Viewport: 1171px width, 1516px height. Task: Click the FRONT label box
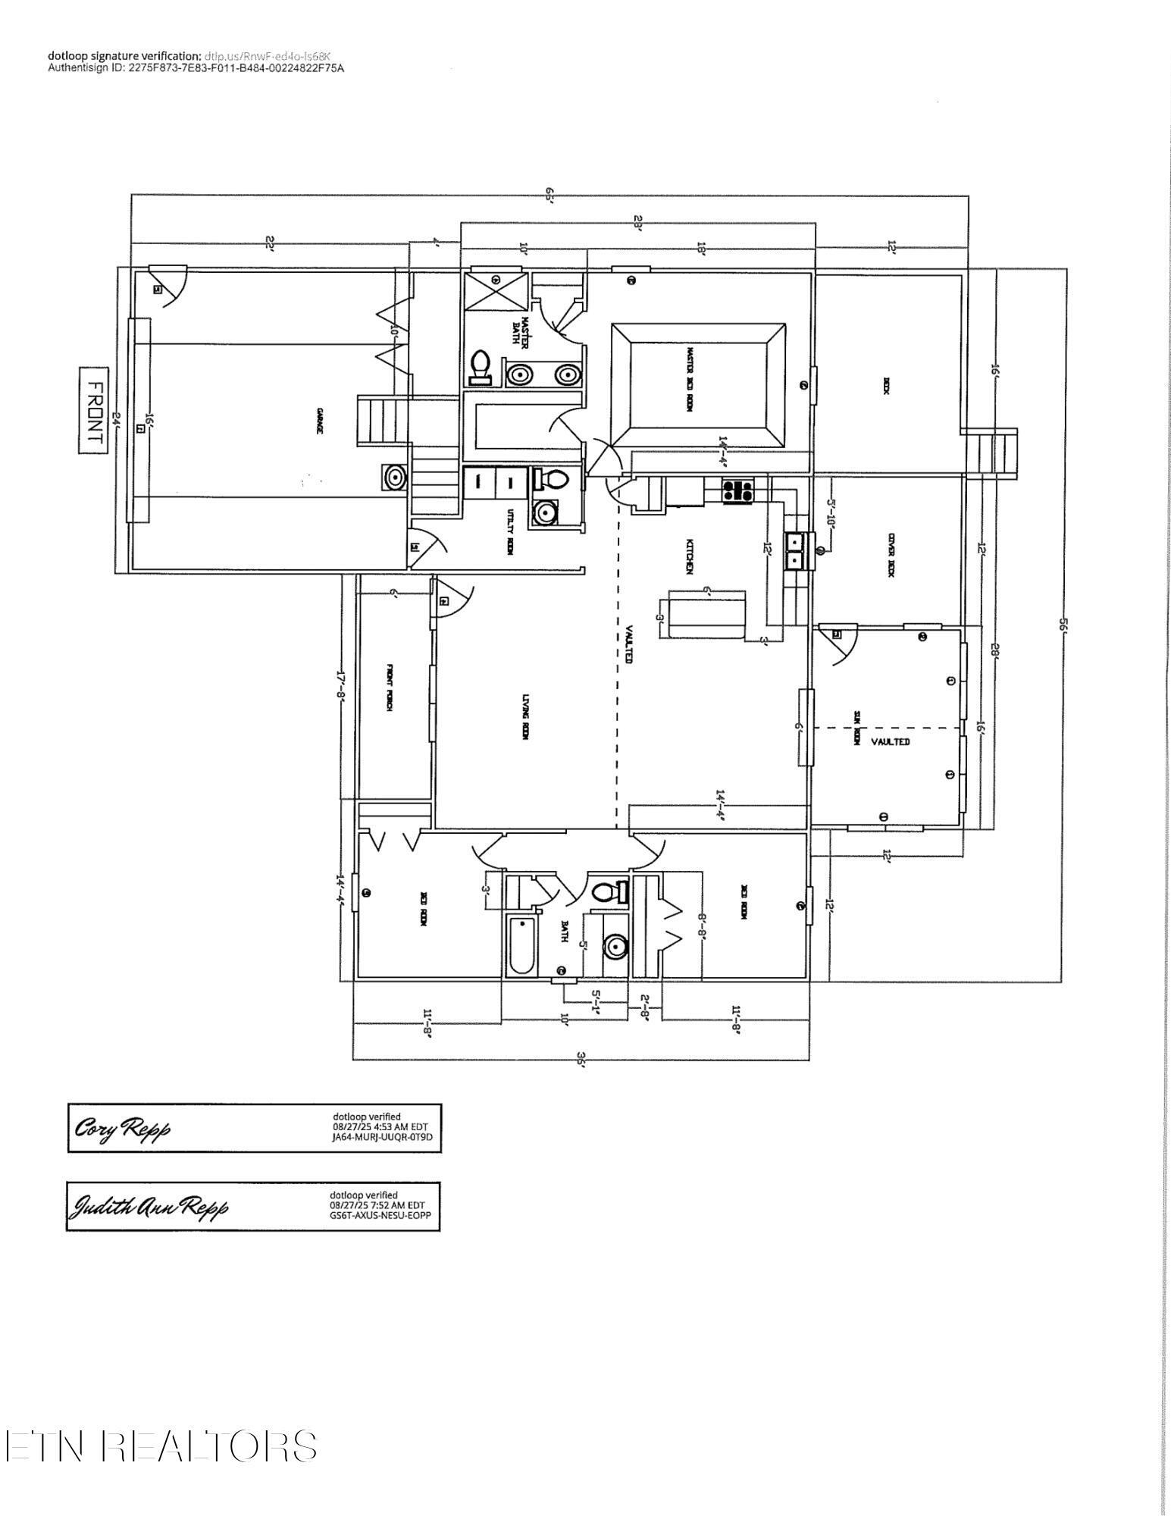click(x=94, y=410)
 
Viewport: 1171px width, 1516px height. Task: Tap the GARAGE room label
click(x=321, y=421)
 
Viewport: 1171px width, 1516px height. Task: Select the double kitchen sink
click(x=795, y=551)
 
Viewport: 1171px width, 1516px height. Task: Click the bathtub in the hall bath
click(x=522, y=945)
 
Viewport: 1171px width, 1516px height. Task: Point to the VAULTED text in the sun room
click(x=890, y=741)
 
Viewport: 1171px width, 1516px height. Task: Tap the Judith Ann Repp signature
click(x=149, y=1206)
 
